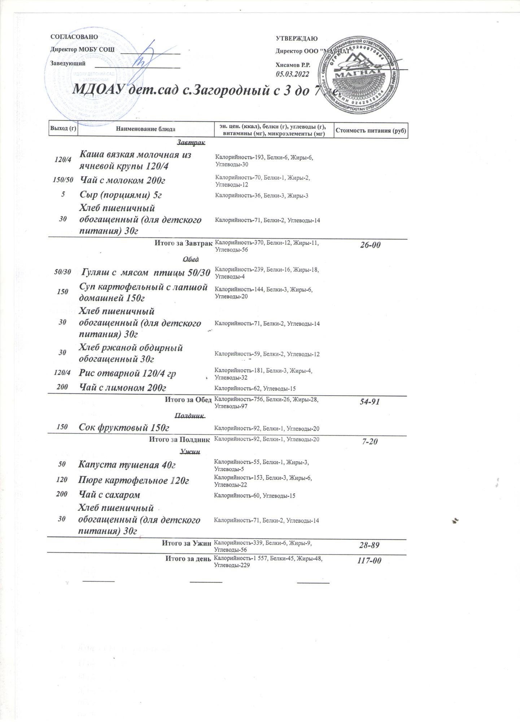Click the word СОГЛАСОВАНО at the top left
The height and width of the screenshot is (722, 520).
(74, 37)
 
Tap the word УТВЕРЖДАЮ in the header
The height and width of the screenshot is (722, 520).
(296, 39)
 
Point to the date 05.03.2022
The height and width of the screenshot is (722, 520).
(292, 74)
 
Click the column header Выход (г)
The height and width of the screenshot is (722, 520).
(63, 129)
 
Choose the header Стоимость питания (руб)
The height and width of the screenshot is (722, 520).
(371, 130)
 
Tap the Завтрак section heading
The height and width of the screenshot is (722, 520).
(191, 143)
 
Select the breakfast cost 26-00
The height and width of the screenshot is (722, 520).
(370, 245)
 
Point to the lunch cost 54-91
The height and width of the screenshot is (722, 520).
(370, 401)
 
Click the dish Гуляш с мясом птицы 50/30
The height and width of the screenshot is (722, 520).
(146, 273)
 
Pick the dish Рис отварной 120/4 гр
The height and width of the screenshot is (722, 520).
(127, 373)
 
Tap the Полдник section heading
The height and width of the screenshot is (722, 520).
(189, 416)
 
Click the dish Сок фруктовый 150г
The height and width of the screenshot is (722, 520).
(124, 428)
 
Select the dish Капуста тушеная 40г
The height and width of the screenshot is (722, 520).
(127, 465)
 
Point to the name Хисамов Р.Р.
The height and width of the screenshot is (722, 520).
(293, 65)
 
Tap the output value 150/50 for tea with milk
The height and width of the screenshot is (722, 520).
(63, 180)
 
